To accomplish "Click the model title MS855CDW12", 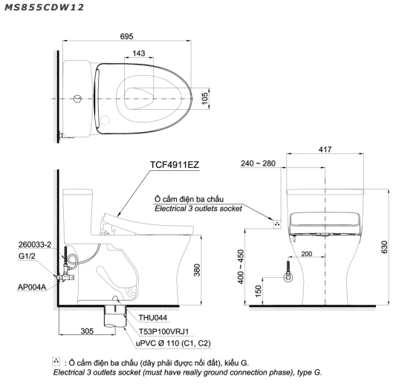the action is point(44,7).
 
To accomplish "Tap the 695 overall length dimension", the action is point(126,36).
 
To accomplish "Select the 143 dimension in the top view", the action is point(139,53).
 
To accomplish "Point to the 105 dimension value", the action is point(204,98).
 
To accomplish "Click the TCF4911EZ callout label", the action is point(175,165).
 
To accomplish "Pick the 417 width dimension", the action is point(325,149).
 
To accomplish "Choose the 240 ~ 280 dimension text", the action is point(258,163).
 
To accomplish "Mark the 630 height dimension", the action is point(384,247).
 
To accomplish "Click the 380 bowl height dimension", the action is point(197,270).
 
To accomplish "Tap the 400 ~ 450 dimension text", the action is point(241,267).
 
